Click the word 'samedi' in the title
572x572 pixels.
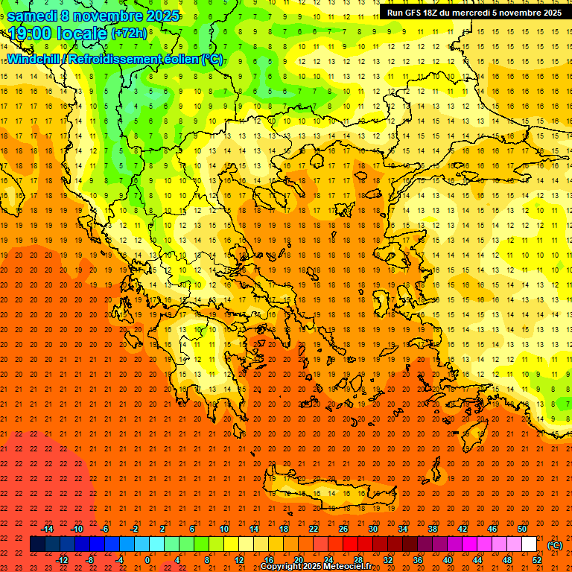pyautogui.click(x=32, y=16)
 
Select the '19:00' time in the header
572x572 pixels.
pyautogui.click(x=31, y=34)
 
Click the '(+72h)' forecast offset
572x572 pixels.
pyautogui.click(x=130, y=34)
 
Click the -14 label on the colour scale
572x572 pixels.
pyautogui.click(x=47, y=529)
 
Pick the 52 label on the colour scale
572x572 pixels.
pyautogui.click(x=537, y=560)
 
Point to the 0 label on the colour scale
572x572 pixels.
pyautogui.click(x=147, y=560)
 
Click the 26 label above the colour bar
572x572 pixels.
pyautogui.click(x=343, y=529)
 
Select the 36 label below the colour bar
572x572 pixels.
pyautogui.click(x=418, y=560)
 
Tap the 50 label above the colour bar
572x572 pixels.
pyautogui.click(x=522, y=529)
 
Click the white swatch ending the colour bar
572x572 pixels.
pyautogui.click(x=530, y=544)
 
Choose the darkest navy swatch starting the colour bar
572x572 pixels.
pyautogui.click(x=37, y=544)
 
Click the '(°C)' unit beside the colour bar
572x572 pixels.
pyautogui.click(x=555, y=545)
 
